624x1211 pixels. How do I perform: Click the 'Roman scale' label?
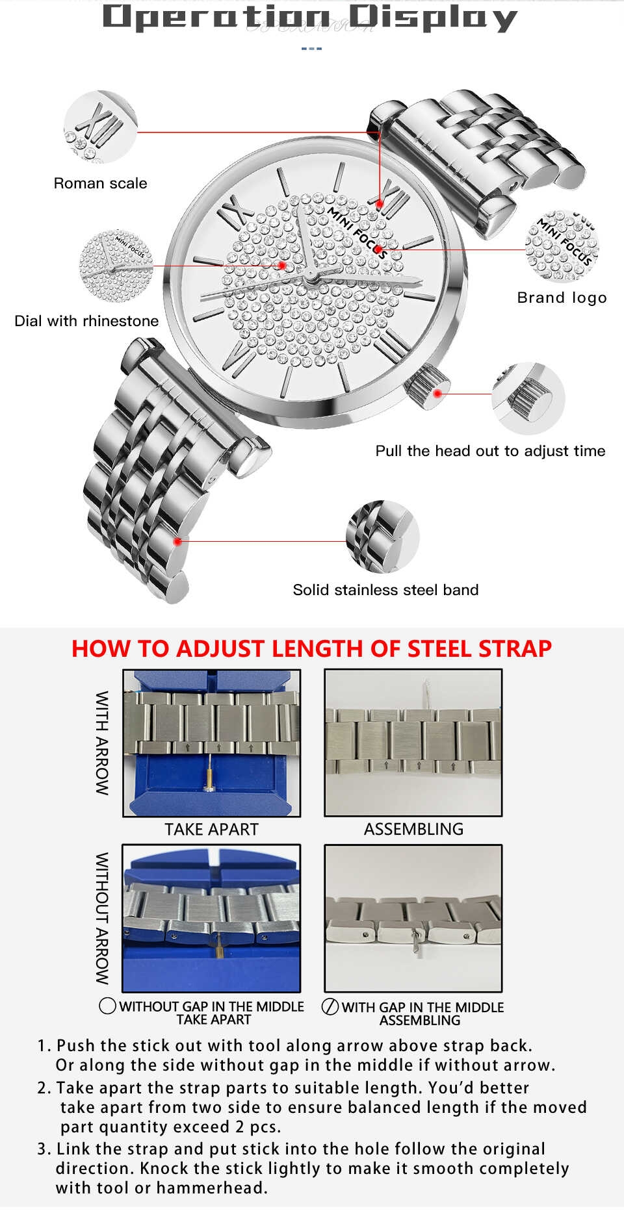click(x=100, y=183)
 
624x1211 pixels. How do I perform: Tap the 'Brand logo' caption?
click(x=562, y=298)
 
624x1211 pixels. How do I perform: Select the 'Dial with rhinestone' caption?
click(x=86, y=321)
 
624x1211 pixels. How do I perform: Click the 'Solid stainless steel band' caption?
click(x=385, y=590)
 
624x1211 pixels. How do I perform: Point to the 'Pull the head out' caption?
click(x=490, y=451)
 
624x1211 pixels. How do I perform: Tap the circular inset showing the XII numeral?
click(x=101, y=127)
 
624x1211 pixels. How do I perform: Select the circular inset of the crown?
click(x=528, y=398)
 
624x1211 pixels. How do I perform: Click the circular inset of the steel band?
click(x=383, y=537)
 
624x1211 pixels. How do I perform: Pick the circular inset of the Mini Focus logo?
click(x=562, y=246)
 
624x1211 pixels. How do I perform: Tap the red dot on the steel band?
click(x=177, y=541)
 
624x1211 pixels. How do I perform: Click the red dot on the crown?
click(x=438, y=394)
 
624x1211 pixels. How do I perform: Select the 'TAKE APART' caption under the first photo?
click(x=211, y=830)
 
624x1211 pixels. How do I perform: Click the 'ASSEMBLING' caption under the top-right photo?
click(x=413, y=830)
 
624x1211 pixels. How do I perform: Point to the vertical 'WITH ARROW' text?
click(x=102, y=743)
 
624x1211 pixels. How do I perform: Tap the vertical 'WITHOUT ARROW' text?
click(x=102, y=919)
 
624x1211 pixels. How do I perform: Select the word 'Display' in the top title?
click(x=432, y=18)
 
